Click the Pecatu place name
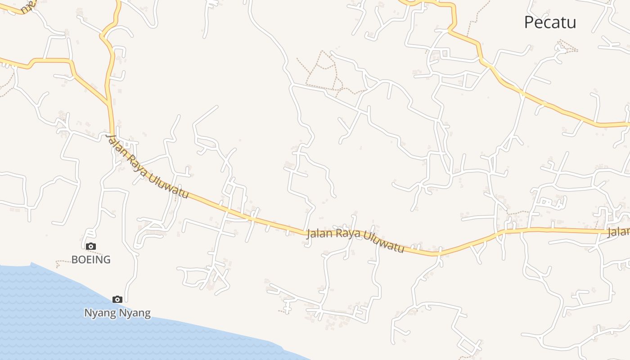550,22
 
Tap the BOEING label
91,260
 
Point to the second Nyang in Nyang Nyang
135,313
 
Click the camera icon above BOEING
91,246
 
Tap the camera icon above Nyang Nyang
117,299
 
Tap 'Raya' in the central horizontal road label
350,234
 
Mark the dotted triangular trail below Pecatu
567,46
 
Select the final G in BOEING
106,260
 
